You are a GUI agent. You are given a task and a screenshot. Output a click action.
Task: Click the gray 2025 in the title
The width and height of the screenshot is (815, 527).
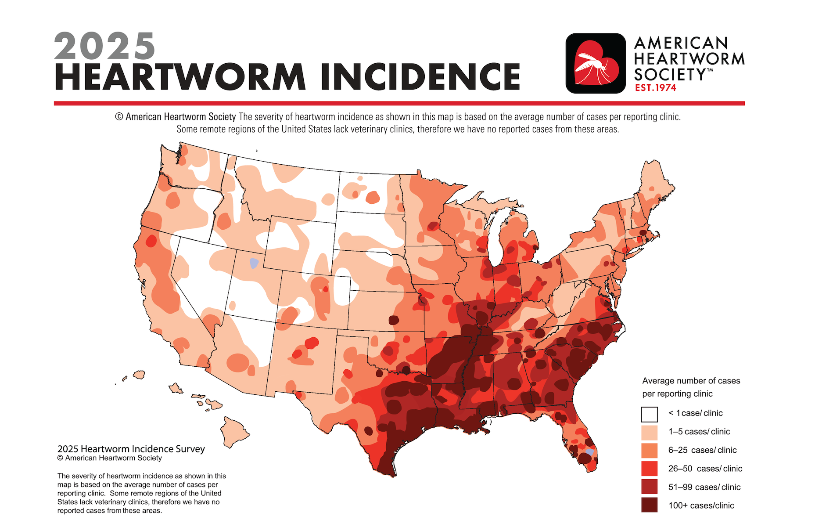pyautogui.click(x=104, y=46)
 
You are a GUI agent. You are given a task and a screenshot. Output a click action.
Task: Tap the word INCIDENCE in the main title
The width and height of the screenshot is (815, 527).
pyautogui.click(x=420, y=77)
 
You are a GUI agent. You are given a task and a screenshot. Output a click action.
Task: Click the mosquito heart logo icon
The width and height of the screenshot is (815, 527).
pyautogui.click(x=596, y=63)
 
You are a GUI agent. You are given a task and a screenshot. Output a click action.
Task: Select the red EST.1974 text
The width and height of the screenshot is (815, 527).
pyautogui.click(x=655, y=88)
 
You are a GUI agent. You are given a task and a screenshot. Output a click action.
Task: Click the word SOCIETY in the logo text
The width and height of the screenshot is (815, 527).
pyautogui.click(x=669, y=74)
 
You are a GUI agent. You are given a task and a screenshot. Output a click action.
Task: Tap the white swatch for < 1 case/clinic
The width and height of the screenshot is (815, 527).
pyautogui.click(x=649, y=414)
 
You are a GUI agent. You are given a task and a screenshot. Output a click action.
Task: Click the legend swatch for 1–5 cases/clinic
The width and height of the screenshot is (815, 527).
pyautogui.click(x=649, y=432)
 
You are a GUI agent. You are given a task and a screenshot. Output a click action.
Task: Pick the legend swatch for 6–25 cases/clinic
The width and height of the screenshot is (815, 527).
pyautogui.click(x=649, y=451)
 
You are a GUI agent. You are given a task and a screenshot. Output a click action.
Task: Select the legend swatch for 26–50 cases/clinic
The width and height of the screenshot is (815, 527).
pyautogui.click(x=649, y=469)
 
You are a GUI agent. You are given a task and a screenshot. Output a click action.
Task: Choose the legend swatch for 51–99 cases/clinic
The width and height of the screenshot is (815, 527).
pyautogui.click(x=649, y=487)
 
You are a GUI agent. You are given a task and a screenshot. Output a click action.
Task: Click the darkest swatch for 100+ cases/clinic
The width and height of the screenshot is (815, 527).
pyautogui.click(x=649, y=505)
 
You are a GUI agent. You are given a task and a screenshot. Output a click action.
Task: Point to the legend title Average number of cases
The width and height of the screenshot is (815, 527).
pyautogui.click(x=691, y=381)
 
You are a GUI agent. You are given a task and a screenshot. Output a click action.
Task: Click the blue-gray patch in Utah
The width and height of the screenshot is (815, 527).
pyautogui.click(x=254, y=263)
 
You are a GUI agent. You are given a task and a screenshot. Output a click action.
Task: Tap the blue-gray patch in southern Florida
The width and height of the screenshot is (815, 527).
pyautogui.click(x=589, y=452)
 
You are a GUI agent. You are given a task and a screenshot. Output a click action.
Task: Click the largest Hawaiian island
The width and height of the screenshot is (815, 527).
pyautogui.click(x=234, y=431)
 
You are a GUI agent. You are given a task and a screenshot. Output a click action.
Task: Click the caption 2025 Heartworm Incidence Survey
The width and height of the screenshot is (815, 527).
pyautogui.click(x=131, y=449)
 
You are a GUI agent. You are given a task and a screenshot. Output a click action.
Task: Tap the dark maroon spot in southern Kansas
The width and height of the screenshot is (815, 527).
pyautogui.click(x=394, y=320)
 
